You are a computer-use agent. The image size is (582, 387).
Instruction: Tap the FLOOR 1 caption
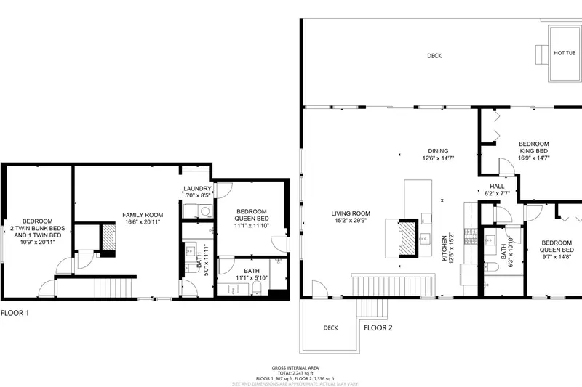click(15, 314)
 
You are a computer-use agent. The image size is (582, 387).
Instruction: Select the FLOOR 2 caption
click(378, 327)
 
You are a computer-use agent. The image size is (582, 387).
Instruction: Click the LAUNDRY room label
click(196, 189)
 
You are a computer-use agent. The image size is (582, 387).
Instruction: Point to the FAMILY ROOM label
click(143, 215)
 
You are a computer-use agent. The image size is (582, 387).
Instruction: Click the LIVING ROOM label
click(351, 213)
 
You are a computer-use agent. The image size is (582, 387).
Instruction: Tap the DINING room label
click(438, 151)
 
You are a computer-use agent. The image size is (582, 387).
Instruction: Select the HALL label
click(498, 187)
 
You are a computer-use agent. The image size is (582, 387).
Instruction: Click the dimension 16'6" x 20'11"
click(143, 222)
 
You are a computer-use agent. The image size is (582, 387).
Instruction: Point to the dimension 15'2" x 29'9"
click(351, 221)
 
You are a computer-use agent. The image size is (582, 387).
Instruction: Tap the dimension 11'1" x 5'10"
click(252, 278)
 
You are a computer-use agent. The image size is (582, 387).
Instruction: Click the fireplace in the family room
click(108, 238)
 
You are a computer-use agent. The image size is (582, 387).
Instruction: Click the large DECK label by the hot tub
click(434, 56)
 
